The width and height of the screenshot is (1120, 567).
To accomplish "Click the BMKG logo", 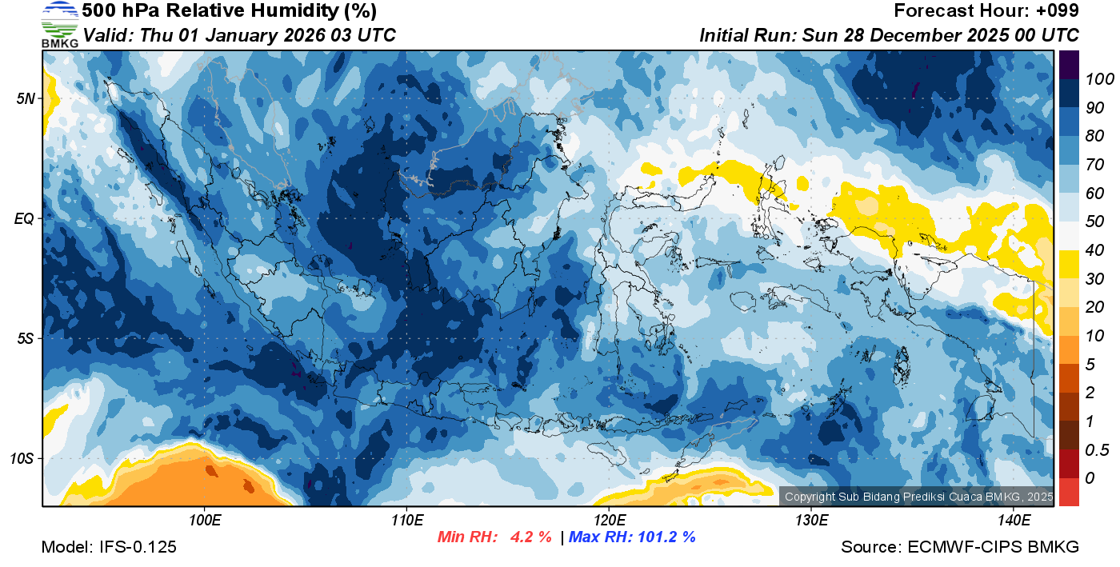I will click(60, 25).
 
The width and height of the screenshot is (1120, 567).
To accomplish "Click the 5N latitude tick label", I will click(26, 99).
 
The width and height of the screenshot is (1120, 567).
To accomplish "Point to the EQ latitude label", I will click(25, 218).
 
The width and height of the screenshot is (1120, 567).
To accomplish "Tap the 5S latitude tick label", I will click(26, 338).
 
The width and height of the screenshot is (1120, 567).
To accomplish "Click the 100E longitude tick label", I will click(205, 521).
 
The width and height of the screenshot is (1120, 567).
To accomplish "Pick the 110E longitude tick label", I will click(406, 521).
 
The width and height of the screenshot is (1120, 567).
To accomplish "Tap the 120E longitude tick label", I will click(609, 521).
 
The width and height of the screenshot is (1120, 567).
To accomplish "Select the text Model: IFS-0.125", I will click(109, 547).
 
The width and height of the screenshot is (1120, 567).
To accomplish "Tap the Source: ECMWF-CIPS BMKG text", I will click(960, 547).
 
